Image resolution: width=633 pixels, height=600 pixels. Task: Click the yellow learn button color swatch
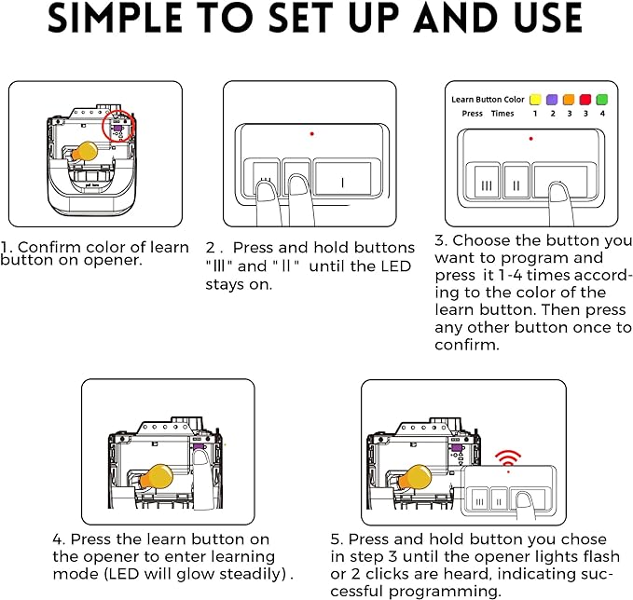(x=535, y=100)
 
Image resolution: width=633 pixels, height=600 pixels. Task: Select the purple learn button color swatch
(x=552, y=100)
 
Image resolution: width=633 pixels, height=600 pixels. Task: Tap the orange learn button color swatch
(x=569, y=100)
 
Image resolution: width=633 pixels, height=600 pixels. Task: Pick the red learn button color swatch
(x=585, y=100)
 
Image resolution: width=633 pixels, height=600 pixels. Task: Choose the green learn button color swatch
(x=602, y=100)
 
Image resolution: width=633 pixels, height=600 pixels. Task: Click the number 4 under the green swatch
(x=602, y=114)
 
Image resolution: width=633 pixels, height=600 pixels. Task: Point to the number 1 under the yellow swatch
(x=535, y=114)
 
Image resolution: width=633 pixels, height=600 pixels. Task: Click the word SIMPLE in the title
(x=115, y=18)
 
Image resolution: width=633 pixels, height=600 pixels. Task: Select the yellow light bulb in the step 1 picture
(x=85, y=151)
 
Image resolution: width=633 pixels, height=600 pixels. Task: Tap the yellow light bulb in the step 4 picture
(x=157, y=477)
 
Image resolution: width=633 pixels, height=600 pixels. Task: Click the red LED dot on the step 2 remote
(x=311, y=133)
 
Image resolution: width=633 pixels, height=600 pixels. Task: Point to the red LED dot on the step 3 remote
(x=530, y=139)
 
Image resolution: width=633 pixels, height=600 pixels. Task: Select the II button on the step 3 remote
(x=516, y=182)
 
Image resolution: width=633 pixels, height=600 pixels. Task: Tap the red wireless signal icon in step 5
(x=508, y=458)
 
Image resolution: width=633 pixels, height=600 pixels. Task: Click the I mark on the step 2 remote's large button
(x=342, y=183)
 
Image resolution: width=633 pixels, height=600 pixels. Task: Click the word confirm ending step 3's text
(x=467, y=345)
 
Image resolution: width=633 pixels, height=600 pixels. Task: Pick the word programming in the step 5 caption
(x=445, y=592)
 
